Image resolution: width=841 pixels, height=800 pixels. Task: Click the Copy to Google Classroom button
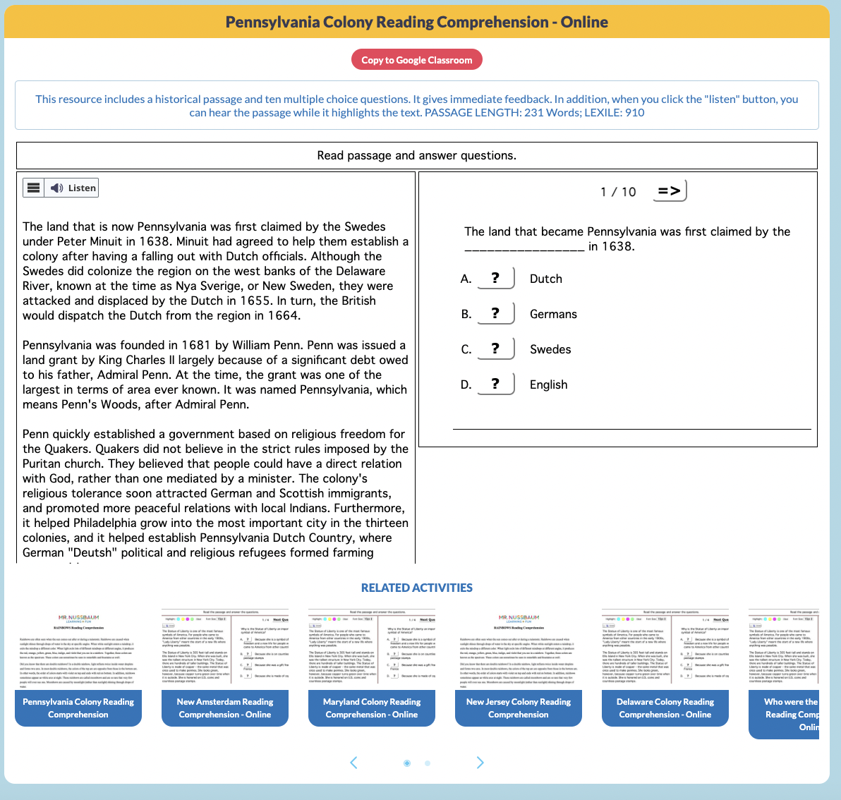coord(416,60)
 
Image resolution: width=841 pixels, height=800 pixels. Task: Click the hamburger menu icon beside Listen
coord(33,188)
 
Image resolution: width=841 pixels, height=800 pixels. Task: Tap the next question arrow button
coord(669,191)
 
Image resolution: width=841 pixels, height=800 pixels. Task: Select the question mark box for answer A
coord(495,279)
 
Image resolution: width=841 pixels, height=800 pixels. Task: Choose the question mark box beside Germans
coord(495,314)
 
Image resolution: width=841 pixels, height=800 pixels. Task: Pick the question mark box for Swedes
coord(495,349)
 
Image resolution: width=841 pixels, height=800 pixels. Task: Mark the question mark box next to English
coord(495,384)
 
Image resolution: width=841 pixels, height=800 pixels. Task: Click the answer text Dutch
coord(546,279)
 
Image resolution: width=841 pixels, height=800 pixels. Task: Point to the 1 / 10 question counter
coord(618,192)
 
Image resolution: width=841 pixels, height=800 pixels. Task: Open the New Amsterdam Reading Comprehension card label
coord(225,708)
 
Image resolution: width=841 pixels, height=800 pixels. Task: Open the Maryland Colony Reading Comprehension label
coord(372,708)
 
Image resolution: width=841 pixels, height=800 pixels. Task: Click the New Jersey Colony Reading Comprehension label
coord(519,708)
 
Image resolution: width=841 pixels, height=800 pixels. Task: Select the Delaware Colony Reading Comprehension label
coord(665,708)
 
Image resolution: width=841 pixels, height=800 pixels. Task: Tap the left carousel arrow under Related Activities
coord(354,763)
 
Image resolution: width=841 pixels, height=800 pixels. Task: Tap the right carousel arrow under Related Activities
coord(480,763)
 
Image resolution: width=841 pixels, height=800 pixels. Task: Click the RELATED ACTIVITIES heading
coord(416,588)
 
